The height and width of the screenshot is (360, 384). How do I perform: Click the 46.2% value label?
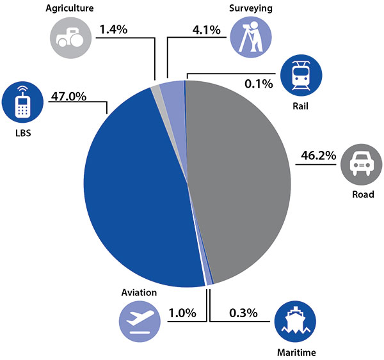point(317,156)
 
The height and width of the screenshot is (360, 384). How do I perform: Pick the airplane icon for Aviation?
point(138,320)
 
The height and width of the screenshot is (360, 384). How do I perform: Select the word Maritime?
point(296,352)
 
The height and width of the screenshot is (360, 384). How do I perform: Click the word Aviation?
point(139,292)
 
